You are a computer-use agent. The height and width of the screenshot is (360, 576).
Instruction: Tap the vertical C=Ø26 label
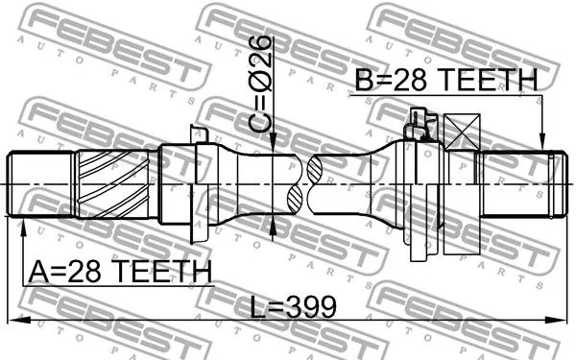pyautogui.click(x=262, y=85)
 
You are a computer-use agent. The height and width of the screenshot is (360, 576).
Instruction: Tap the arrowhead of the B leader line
pyautogui.click(x=542, y=145)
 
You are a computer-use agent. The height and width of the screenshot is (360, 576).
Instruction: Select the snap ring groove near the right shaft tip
pyautogui.click(x=550, y=182)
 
